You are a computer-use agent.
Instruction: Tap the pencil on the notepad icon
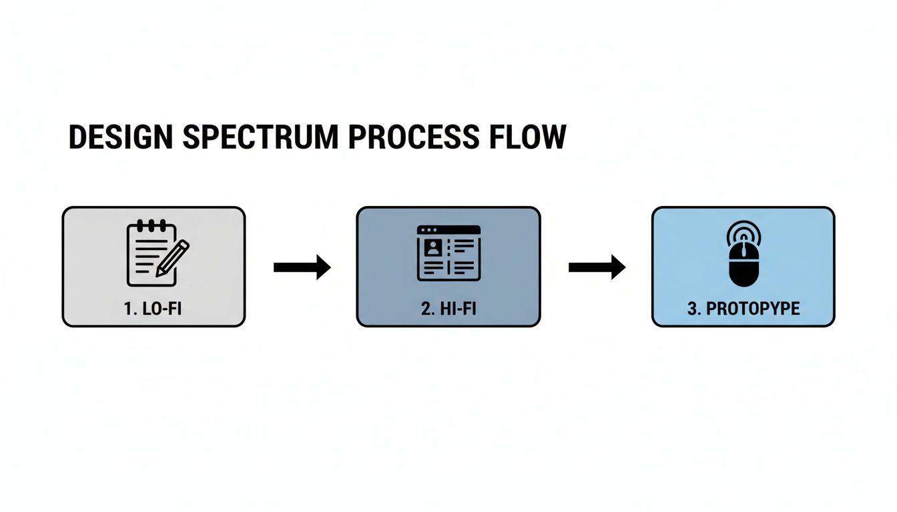(172, 257)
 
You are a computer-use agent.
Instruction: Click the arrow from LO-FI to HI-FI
(302, 267)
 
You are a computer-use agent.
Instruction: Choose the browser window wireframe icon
(448, 252)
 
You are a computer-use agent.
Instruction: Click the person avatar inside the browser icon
(433, 249)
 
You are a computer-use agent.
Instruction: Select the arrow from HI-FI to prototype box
(597, 267)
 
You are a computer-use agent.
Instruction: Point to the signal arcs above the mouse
(743, 233)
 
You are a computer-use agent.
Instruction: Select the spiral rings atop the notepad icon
(152, 224)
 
